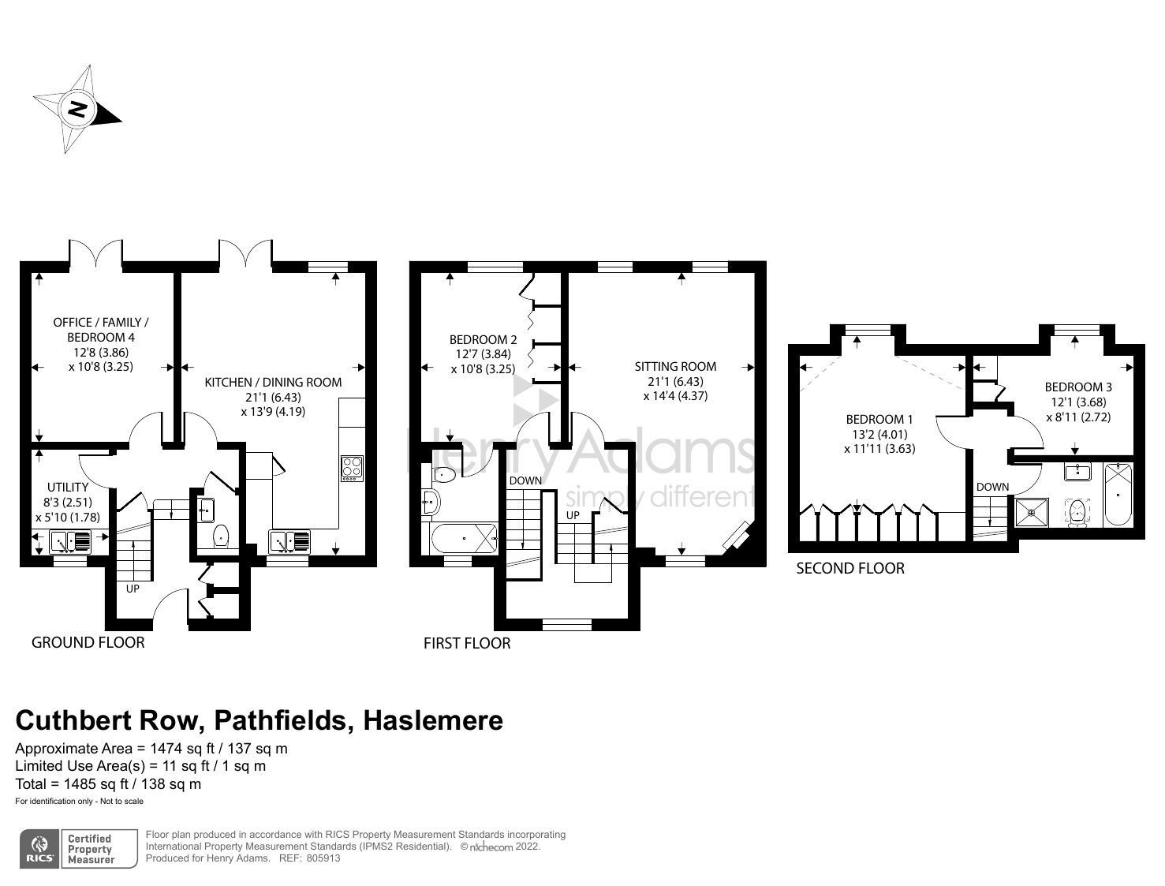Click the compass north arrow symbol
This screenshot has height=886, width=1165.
(x=77, y=109)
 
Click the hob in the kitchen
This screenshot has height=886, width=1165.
(x=352, y=468)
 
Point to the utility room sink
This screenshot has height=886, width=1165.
(x=70, y=542)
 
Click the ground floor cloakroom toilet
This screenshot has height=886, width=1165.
(x=222, y=536)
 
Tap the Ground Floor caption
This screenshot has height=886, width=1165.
(x=88, y=642)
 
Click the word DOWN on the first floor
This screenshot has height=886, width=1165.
(x=525, y=480)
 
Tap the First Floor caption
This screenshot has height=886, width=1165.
(x=467, y=643)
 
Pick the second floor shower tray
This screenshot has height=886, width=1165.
(x=1032, y=511)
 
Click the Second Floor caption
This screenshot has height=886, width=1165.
(x=849, y=568)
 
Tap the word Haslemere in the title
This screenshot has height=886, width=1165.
(x=432, y=720)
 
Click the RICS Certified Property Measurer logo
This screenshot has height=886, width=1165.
(x=78, y=849)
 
